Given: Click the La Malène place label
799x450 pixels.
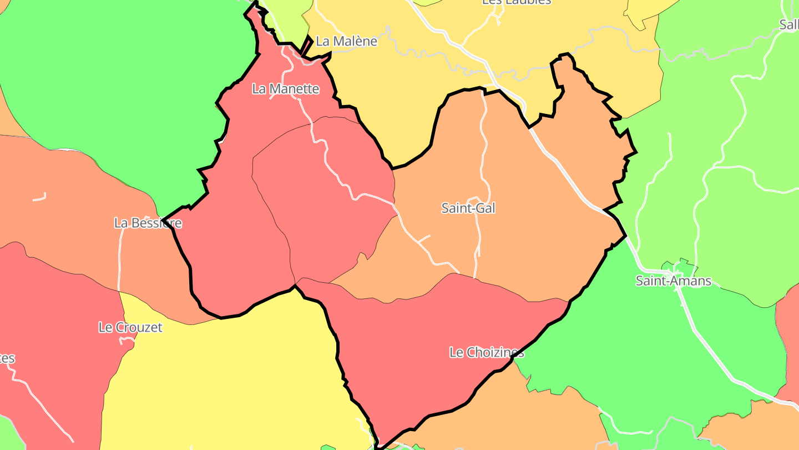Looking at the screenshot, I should [346, 41].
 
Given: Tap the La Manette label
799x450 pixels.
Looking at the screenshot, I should [285, 89].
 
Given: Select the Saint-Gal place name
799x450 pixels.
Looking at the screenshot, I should [468, 208].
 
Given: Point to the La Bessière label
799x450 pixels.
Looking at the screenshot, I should [148, 223].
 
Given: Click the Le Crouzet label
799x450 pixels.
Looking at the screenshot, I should [130, 327].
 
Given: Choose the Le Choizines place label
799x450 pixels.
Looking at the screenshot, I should [486, 352].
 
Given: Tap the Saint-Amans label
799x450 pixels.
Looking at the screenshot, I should [673, 281].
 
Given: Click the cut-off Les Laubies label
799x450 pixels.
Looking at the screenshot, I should [516, 2].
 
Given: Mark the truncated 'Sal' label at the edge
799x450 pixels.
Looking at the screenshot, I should [789, 24].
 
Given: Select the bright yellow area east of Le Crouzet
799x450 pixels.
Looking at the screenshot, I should [233, 378].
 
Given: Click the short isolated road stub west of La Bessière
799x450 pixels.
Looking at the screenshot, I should [39, 197].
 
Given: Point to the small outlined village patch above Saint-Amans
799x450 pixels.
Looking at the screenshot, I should [680, 266].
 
